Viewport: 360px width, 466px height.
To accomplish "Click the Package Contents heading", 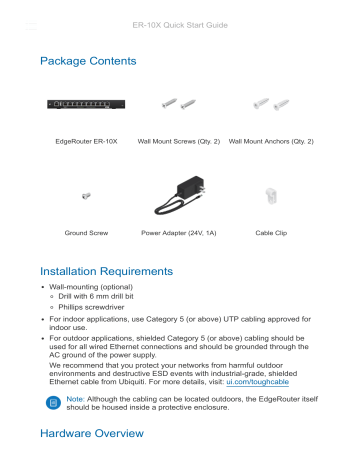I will point(88,62).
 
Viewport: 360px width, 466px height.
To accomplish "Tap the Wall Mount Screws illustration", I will point(181,103).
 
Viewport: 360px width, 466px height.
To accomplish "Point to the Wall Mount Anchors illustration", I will point(271,102).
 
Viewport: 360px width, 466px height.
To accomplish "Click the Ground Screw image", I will point(86,196).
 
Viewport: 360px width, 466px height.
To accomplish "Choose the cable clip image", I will point(270,196).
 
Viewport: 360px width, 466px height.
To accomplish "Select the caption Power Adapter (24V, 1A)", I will point(180,231).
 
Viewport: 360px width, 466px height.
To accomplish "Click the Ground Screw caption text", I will point(86,231).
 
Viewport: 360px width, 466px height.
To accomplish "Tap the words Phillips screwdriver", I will point(94,308).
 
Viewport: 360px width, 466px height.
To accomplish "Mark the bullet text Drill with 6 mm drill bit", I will point(104,297).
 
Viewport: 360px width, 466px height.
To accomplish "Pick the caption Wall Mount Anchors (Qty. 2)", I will point(271,141).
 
